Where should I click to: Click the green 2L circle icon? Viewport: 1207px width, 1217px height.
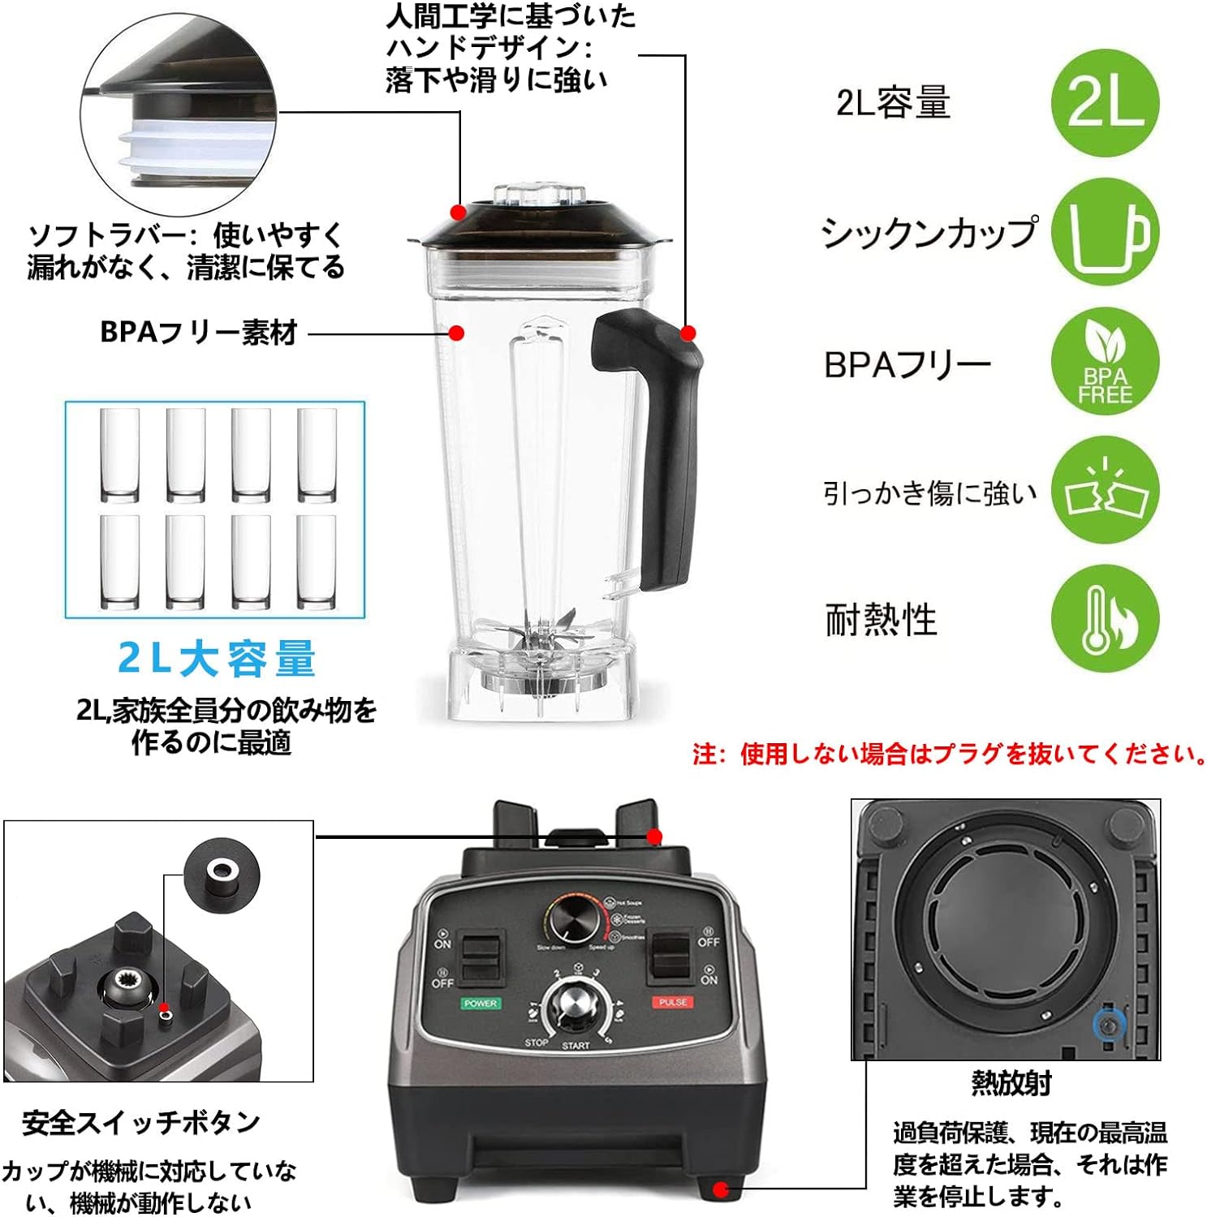coord(1105,103)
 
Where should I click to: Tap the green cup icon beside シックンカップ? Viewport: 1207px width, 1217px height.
coord(1105,233)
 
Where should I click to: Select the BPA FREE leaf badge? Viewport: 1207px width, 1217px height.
coord(1105,362)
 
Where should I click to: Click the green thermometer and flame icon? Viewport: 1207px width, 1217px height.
coord(1105,619)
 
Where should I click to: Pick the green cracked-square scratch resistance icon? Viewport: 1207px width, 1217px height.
coord(1105,491)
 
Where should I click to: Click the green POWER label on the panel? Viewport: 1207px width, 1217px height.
coord(481,1004)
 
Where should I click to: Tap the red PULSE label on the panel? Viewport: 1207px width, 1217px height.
coord(673,1002)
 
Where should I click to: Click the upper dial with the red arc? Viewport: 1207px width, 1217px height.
coord(573,920)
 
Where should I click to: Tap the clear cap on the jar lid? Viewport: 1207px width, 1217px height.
coord(539,195)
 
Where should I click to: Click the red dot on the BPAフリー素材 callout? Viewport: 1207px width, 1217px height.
coord(457,333)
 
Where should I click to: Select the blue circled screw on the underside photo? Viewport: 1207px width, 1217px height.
coord(1109,1026)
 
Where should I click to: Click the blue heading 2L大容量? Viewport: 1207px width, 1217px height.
coord(217,659)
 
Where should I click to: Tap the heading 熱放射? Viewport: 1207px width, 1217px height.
coord(1011,1083)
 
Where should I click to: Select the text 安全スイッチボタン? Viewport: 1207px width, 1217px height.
coord(141,1123)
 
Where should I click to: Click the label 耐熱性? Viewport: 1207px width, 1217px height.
coord(881,620)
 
